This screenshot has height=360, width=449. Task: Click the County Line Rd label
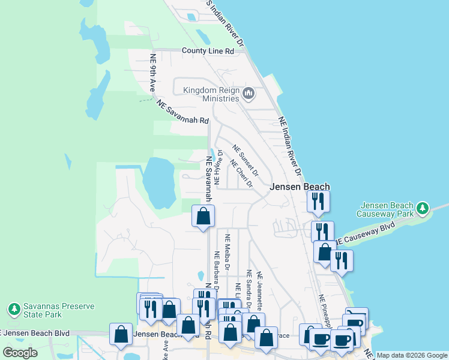pyautogui.click(x=208, y=51)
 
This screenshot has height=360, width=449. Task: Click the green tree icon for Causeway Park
pyautogui.click(x=423, y=208)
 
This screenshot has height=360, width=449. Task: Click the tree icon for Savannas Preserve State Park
pyautogui.click(x=14, y=310)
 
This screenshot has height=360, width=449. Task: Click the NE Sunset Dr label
pyautogui.click(x=246, y=161)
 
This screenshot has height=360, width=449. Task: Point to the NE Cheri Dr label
pyautogui.click(x=240, y=173)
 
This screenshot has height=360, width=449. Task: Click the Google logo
pyautogui.click(x=20, y=353)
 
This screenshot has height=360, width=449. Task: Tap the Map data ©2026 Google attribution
pyautogui.click(x=412, y=355)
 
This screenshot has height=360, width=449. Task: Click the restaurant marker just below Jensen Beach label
pyautogui.click(x=318, y=201)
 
